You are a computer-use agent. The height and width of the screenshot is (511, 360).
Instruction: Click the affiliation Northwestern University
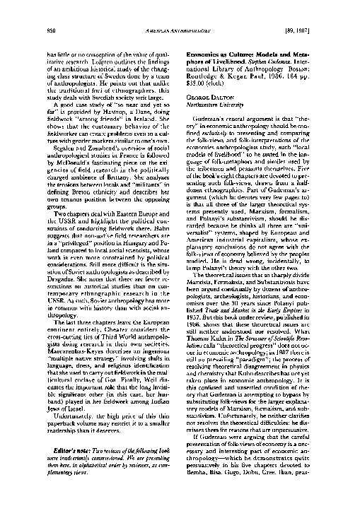pos(223,101)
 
